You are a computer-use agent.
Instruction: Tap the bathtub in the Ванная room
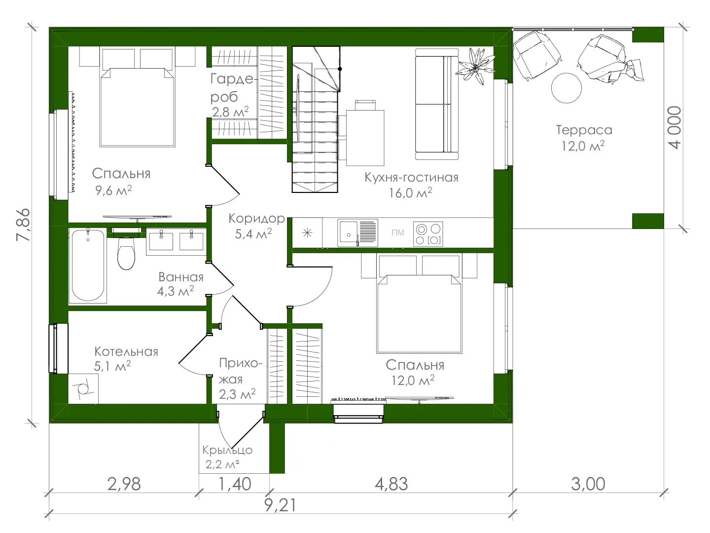click(88, 266)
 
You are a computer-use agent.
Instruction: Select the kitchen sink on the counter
click(357, 233)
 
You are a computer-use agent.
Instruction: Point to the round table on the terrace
click(567, 88)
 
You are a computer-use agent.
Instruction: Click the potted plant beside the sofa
click(475, 66)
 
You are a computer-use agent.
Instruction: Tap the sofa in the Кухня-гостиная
click(437, 104)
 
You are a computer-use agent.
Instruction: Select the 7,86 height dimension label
click(23, 225)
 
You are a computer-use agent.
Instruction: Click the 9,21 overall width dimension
click(280, 505)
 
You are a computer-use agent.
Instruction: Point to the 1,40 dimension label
click(235, 484)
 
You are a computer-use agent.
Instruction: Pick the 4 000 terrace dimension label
click(675, 127)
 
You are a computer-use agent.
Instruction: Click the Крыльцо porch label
click(227, 450)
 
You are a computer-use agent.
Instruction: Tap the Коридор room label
click(256, 219)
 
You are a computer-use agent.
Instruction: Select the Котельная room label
click(126, 351)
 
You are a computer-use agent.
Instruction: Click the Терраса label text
click(584, 130)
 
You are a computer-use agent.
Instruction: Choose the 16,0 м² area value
click(410, 193)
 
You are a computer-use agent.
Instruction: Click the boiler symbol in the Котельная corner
click(83, 389)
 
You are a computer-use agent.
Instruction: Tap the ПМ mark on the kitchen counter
click(397, 232)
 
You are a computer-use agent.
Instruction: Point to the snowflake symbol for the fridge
click(307, 233)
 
